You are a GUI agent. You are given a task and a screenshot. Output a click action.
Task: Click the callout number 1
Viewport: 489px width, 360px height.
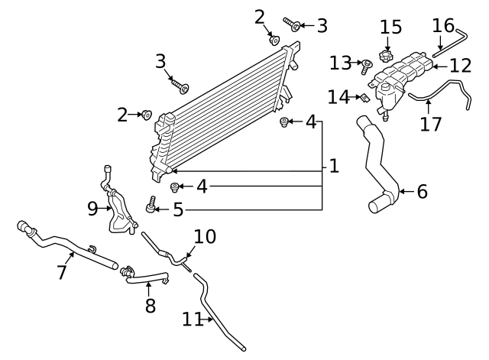click(333, 166)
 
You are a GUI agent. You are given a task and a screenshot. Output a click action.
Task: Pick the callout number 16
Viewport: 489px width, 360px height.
click(443, 25)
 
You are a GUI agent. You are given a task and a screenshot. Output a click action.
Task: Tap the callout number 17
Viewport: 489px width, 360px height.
click(431, 123)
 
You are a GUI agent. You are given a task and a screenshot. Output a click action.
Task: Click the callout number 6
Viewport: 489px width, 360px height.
click(422, 191)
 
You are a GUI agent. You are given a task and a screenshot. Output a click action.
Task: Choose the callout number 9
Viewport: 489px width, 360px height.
click(92, 208)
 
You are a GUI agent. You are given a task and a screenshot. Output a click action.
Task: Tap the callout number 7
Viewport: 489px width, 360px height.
click(63, 271)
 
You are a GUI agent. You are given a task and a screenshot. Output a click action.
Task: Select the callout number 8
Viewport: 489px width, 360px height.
click(150, 305)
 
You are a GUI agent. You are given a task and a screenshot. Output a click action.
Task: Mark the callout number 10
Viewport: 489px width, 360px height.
click(204, 237)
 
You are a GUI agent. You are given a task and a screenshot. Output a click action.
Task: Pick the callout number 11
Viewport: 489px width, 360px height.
click(193, 319)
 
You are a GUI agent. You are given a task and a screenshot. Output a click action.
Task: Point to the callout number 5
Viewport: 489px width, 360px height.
click(178, 209)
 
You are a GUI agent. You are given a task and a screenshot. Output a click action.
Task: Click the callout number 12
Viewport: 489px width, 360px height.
click(461, 66)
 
